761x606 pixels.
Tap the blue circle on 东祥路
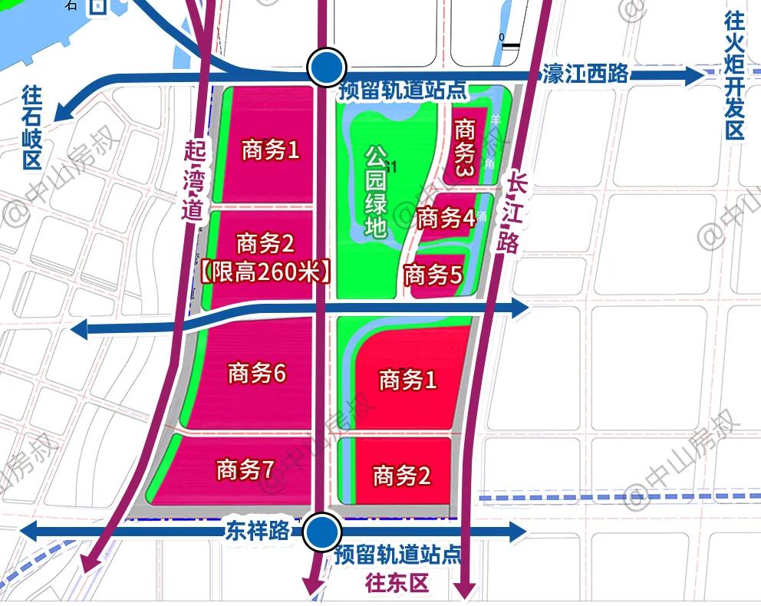(x=321, y=532)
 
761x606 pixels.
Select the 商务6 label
(x=256, y=374)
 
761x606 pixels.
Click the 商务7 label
(x=245, y=469)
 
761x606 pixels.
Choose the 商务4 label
(x=446, y=219)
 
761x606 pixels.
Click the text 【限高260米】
(x=265, y=271)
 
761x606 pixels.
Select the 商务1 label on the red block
(x=407, y=379)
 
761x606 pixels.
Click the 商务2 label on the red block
(x=402, y=476)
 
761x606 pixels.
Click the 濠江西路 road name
(x=585, y=74)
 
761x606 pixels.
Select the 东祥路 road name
(x=257, y=531)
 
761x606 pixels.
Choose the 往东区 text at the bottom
(x=396, y=584)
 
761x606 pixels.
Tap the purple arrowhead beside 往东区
(x=463, y=590)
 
